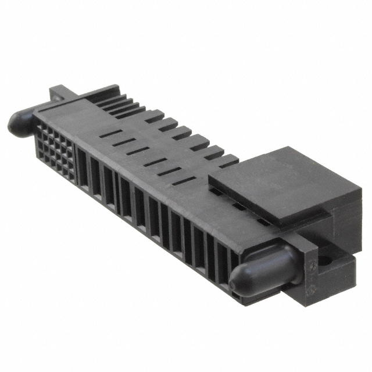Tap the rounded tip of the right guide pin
(239, 282)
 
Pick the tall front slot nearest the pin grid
(82, 169)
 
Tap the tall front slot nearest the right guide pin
(225, 259)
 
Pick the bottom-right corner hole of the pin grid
(71, 174)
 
